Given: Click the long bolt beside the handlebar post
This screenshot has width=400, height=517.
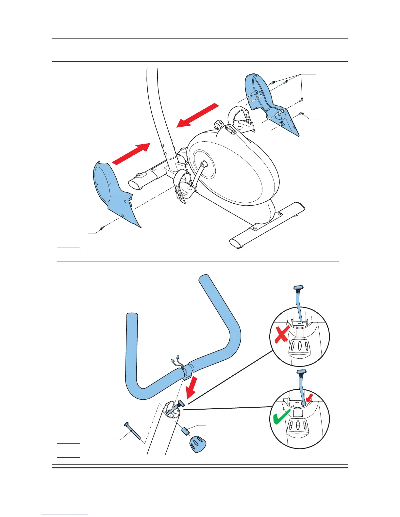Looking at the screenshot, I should point(134,431).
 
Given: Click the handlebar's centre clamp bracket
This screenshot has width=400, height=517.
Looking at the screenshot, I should point(187,372).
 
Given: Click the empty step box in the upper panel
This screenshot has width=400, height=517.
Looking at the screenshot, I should point(68,254).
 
